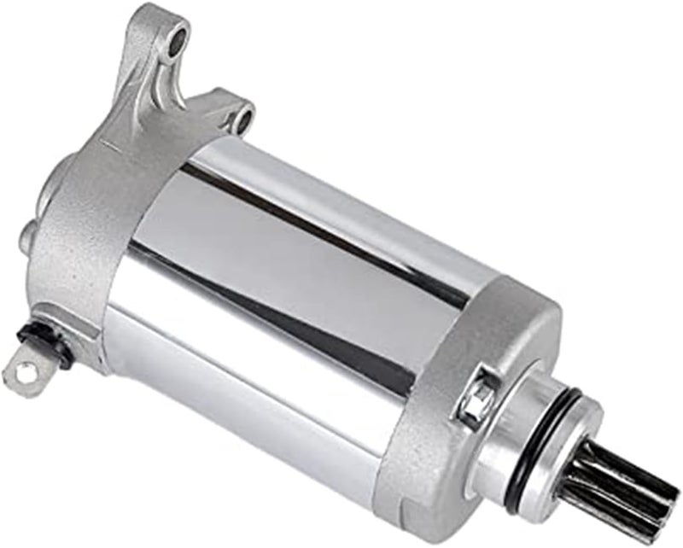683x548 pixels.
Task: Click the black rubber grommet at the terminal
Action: (x=54, y=342)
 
